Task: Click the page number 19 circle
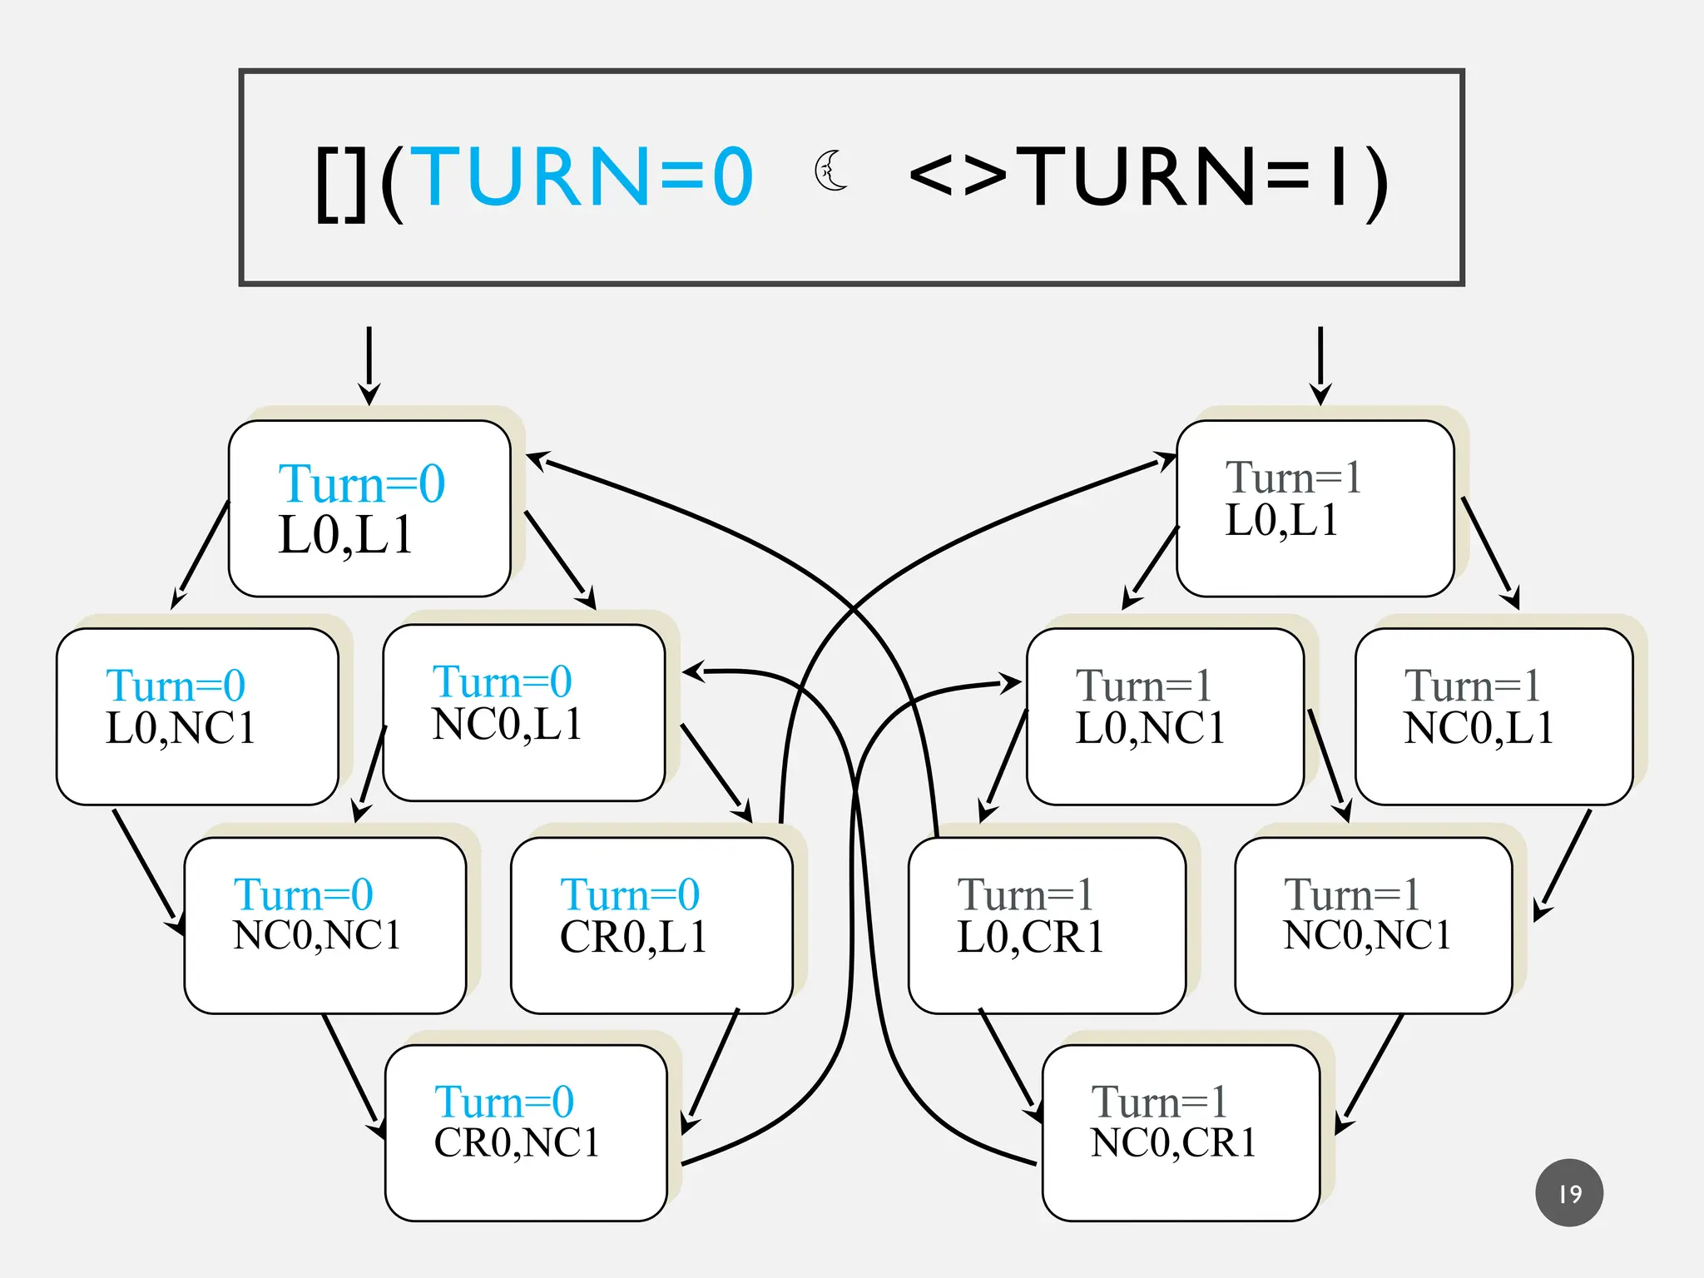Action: pos(1568,1192)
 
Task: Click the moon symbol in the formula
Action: pos(830,171)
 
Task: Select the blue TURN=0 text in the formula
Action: pos(582,176)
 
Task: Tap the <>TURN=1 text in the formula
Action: pos(1148,176)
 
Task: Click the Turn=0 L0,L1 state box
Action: pos(369,508)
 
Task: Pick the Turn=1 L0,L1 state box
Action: pos(1315,508)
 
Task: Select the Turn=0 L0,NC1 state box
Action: pos(197,716)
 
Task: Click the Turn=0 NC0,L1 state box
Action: pos(524,713)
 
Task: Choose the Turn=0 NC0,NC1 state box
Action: pos(324,925)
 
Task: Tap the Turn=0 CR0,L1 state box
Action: pos(651,925)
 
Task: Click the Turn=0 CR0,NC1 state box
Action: pos(526,1133)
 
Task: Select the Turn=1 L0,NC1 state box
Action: pos(1165,716)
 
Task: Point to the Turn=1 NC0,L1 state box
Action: pos(1493,716)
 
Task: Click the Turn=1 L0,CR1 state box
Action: pos(1047,925)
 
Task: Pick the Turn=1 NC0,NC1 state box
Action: pos(1373,925)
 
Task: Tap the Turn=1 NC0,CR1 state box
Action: pos(1181,1133)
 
